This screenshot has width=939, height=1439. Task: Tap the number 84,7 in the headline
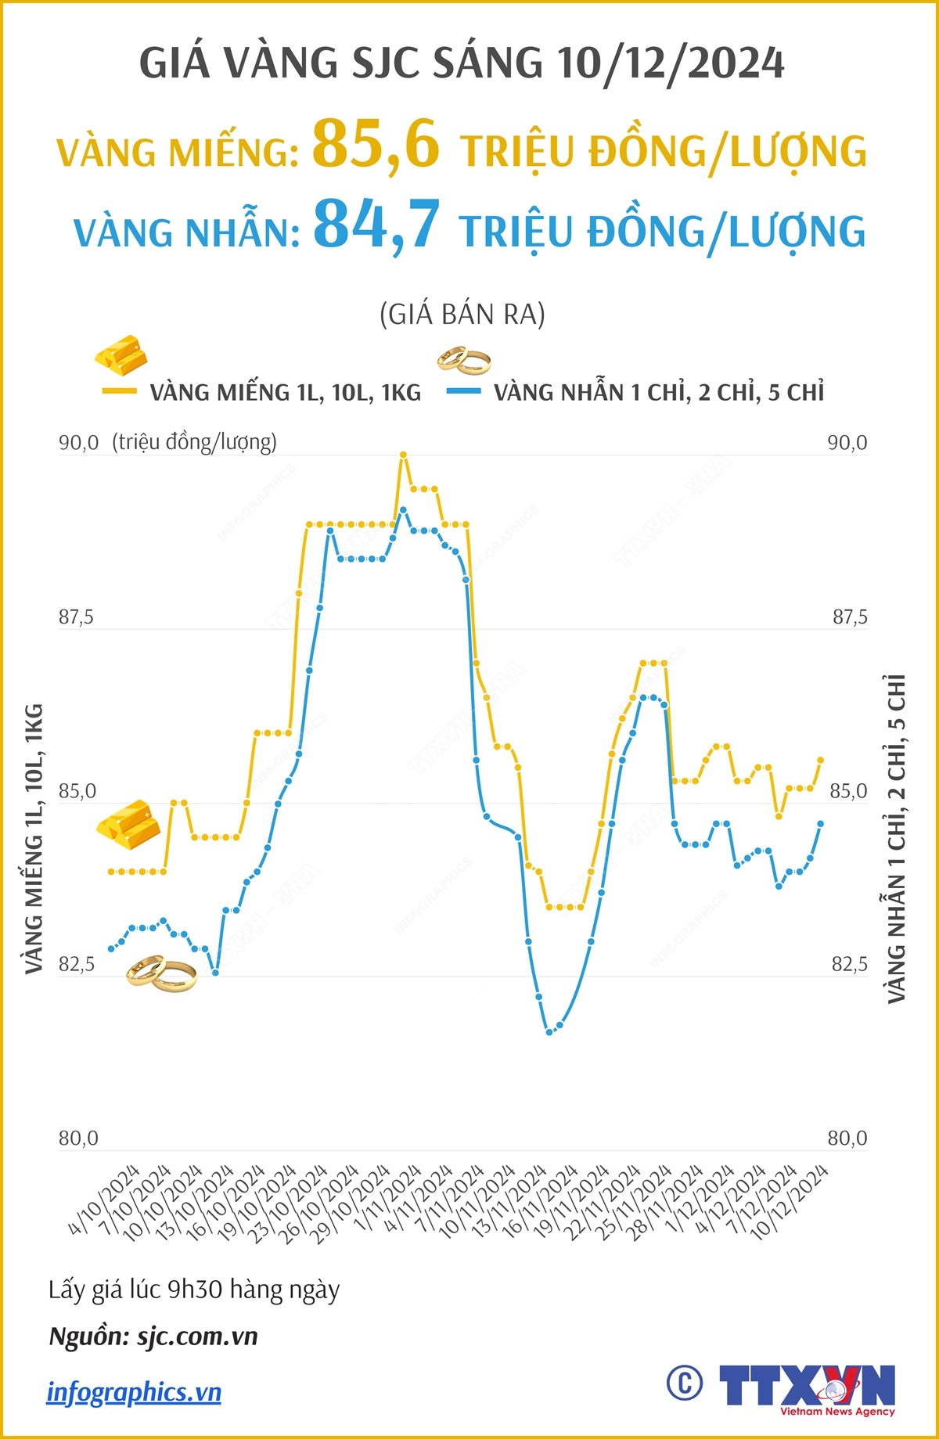coord(376,225)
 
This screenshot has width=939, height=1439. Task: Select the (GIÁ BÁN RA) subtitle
coord(462,315)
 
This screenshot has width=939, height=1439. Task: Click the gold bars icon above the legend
coord(122,354)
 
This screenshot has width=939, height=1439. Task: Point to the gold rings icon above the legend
coord(464,361)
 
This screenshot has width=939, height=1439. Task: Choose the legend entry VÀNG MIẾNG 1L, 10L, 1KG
coord(285,392)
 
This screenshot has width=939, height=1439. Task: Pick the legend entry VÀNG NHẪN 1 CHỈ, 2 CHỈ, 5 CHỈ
coord(658,392)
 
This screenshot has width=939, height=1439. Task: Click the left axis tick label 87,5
coord(76,617)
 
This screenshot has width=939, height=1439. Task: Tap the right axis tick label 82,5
coord(849,964)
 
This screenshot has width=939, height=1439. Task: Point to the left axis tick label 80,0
coord(78,1139)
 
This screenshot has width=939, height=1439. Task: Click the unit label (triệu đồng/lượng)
coord(195,442)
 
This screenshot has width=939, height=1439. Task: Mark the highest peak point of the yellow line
coord(403,455)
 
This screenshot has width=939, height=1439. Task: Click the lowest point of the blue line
coord(549,1032)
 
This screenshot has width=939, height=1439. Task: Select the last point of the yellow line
coord(821,760)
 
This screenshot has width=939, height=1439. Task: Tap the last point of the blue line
coord(821,823)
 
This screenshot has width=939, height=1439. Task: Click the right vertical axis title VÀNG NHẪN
coord(897,837)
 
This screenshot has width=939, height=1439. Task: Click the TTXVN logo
coord(806,1387)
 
